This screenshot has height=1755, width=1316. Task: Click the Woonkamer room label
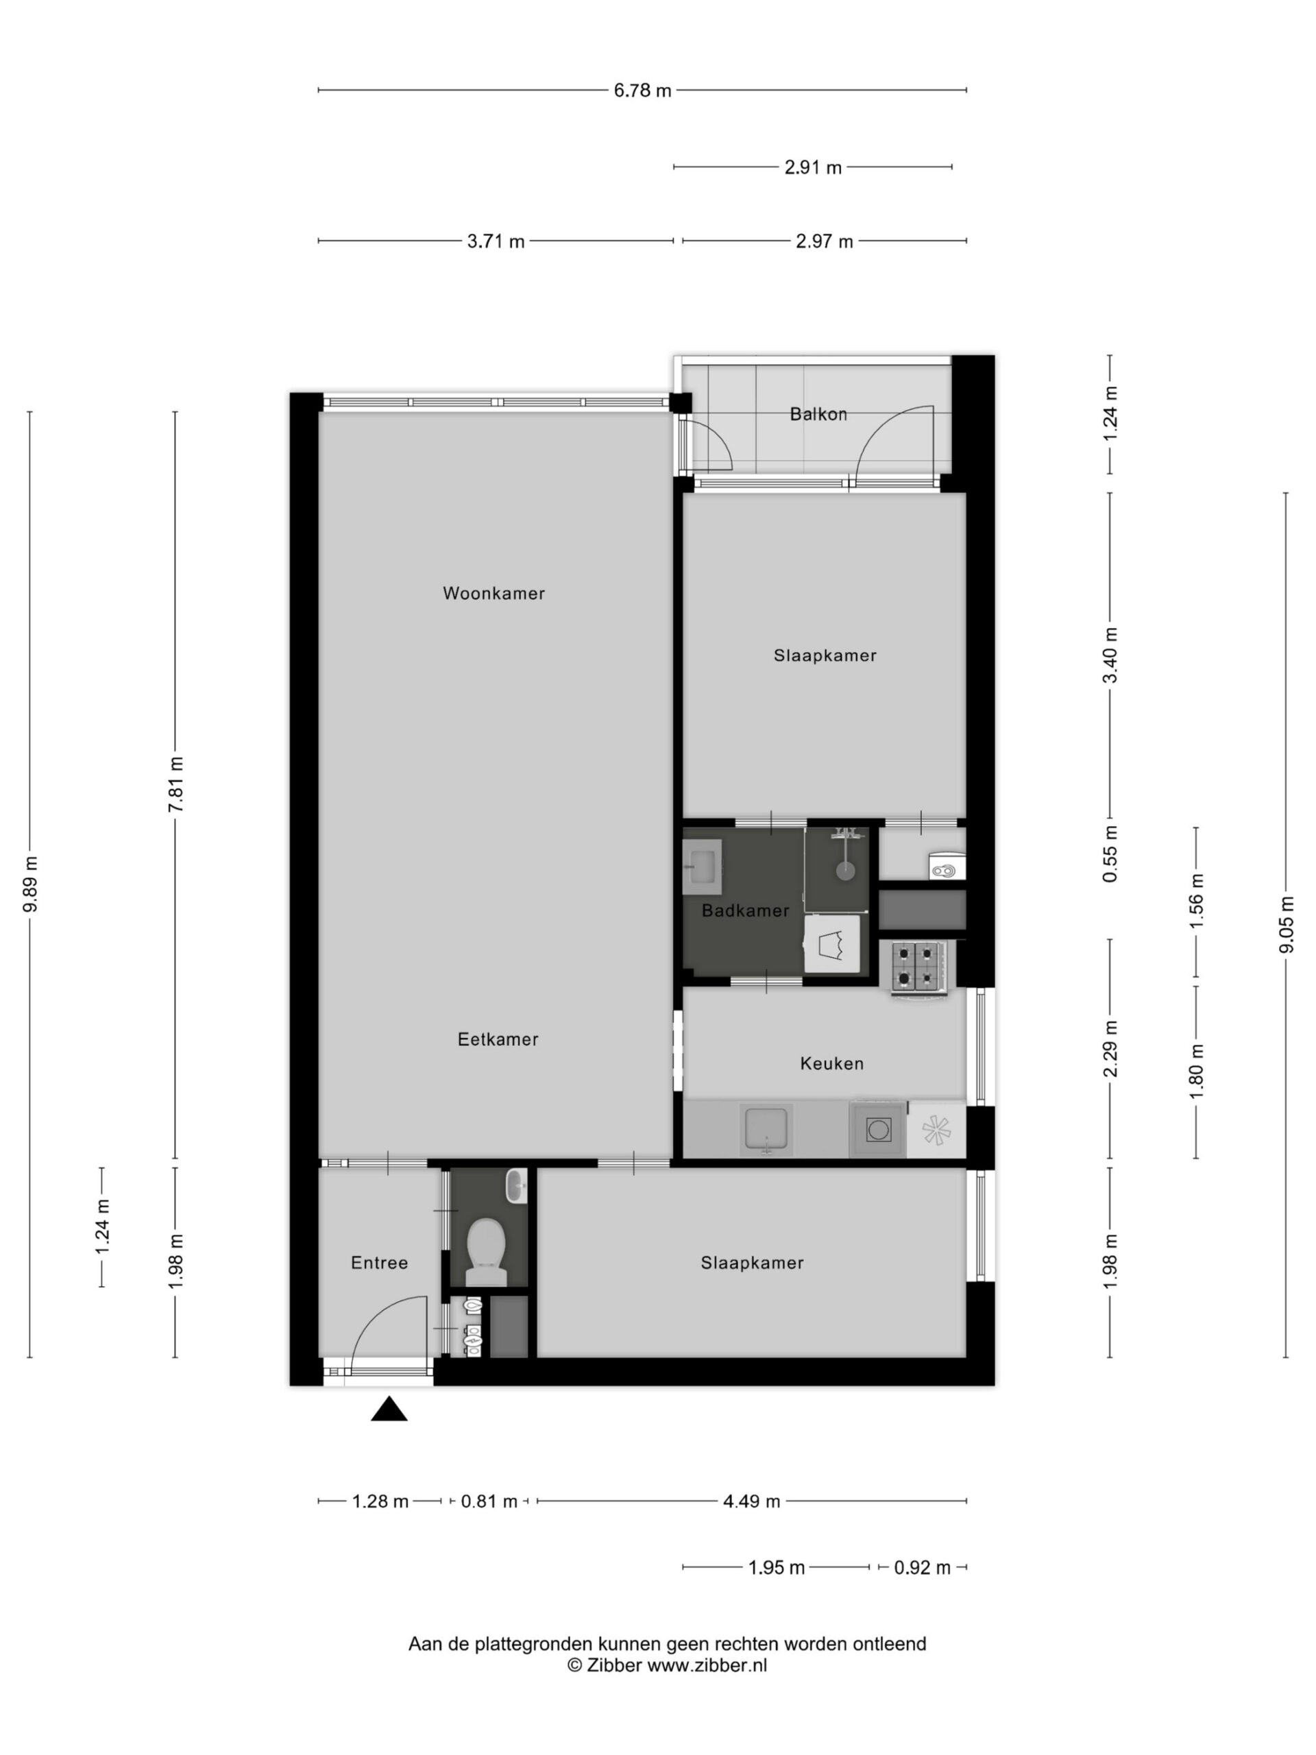pyautogui.click(x=493, y=594)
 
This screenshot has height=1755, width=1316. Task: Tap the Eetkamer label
pyautogui.click(x=498, y=1039)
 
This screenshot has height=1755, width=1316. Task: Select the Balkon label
pyautogui.click(x=818, y=414)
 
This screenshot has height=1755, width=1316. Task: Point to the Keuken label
pyautogui.click(x=831, y=1063)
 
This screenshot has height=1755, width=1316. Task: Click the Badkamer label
pyautogui.click(x=745, y=911)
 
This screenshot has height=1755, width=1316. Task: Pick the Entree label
pyautogui.click(x=379, y=1262)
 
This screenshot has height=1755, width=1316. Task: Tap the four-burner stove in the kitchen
pyautogui.click(x=918, y=967)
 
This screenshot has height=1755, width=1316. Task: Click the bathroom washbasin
pyautogui.click(x=702, y=867)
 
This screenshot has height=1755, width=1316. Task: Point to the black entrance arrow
pyautogui.click(x=389, y=1408)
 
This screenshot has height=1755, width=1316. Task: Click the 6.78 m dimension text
pyautogui.click(x=642, y=90)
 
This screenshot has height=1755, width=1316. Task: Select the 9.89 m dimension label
pyautogui.click(x=30, y=884)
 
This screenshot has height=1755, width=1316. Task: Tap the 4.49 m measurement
pyautogui.click(x=751, y=1501)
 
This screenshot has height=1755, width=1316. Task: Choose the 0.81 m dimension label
pyautogui.click(x=489, y=1501)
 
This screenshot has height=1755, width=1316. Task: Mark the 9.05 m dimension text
pyautogui.click(x=1286, y=924)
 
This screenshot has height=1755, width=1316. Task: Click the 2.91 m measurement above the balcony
pyautogui.click(x=812, y=167)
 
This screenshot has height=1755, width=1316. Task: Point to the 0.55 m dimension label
pyautogui.click(x=1110, y=854)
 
